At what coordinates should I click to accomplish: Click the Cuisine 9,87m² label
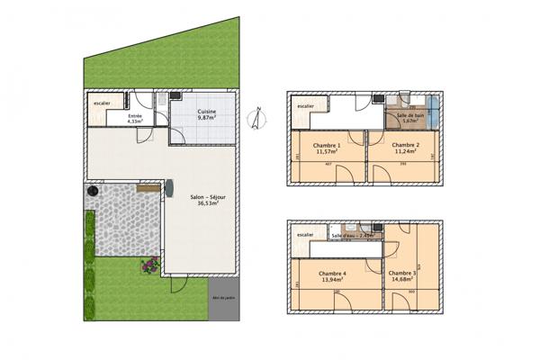click(x=208, y=114)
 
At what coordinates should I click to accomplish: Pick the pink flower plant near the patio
click(x=148, y=265)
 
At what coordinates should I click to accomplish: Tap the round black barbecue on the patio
click(x=92, y=193)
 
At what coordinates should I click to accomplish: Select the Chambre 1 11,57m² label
click(x=326, y=148)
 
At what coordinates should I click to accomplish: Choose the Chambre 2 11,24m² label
click(x=406, y=148)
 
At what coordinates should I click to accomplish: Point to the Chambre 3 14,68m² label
click(x=401, y=276)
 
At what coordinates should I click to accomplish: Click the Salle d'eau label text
click(x=349, y=235)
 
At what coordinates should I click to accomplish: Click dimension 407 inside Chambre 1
click(x=328, y=178)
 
